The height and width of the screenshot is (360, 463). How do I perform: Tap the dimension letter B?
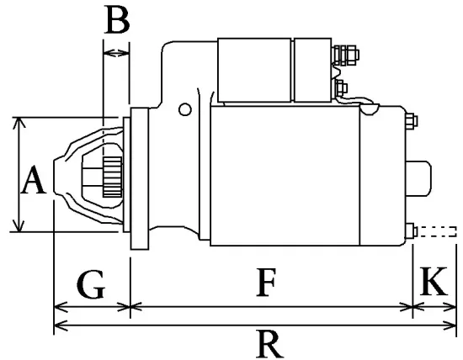coord(117,20)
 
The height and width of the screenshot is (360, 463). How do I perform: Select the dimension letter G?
coord(92,285)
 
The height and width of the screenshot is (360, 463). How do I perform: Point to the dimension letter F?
coord(266,284)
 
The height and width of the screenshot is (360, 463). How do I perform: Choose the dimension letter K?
coord(434,283)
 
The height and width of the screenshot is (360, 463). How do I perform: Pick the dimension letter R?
coord(268,342)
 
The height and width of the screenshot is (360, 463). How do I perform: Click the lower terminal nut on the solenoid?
coord(341,87)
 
